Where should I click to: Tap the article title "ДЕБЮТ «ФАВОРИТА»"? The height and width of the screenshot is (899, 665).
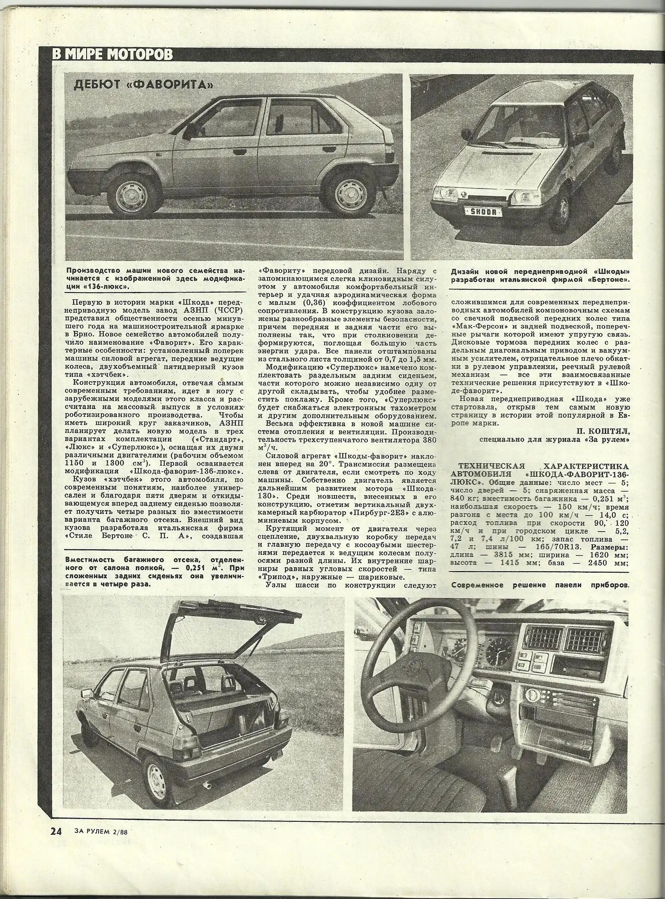143,85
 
